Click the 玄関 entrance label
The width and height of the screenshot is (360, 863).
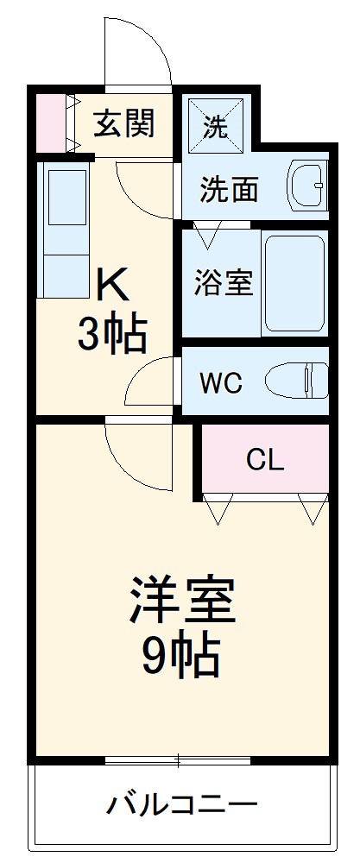124,124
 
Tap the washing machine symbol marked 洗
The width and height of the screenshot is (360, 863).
216,127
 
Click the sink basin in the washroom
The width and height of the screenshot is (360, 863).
307,185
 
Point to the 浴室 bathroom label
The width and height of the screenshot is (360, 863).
223,283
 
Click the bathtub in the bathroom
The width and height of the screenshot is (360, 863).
294,283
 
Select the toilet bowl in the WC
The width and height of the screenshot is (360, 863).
296,380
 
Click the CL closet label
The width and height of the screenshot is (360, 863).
264,460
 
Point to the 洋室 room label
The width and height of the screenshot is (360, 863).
182,602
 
